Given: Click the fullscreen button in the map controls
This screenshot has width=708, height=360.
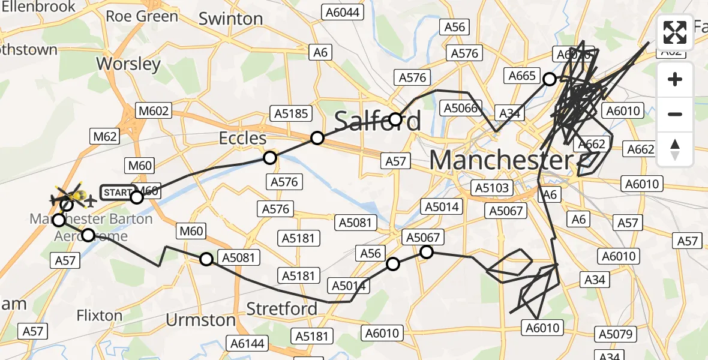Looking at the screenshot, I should coord(675,32).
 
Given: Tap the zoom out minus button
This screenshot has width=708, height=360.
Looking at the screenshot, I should coord(675,114).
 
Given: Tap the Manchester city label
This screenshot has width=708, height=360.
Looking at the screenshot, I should coord(501,161).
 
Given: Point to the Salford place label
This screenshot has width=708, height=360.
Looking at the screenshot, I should coord(377,121).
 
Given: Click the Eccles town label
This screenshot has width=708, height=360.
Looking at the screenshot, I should coord(242,138).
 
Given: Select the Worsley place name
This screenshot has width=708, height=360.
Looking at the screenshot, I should coord(128,64).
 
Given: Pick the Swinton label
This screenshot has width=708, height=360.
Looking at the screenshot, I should coord(230,19).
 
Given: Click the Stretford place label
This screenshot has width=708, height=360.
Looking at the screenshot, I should coord(282,309).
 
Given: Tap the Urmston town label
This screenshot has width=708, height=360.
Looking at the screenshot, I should coord(200,319).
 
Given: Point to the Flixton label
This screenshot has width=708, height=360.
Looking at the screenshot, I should coord(100,315).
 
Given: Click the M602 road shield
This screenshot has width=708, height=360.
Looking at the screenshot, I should coord(154,111).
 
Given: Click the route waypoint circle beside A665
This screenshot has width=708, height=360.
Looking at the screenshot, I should coord(549,79).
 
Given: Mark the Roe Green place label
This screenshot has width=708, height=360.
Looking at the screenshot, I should coord(142,16).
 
